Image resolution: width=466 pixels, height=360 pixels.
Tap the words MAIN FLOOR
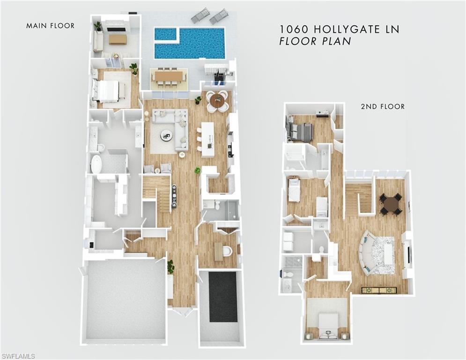(50, 26)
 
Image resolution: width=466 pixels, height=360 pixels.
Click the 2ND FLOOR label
(382, 107)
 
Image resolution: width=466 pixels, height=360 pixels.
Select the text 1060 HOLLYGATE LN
(340, 29)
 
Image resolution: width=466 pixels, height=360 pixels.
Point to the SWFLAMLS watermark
(18, 356)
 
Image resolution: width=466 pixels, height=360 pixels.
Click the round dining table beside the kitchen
(217, 101)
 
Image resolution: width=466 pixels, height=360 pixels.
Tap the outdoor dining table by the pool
(169, 76)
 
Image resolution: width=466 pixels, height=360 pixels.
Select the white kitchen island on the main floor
(207, 139)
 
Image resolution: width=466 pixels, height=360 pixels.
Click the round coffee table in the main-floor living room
(167, 135)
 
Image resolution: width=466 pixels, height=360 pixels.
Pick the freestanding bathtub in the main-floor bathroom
(96, 164)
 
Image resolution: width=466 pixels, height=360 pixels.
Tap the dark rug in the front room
(222, 296)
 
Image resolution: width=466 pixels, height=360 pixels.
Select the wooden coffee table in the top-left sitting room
(118, 39)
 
